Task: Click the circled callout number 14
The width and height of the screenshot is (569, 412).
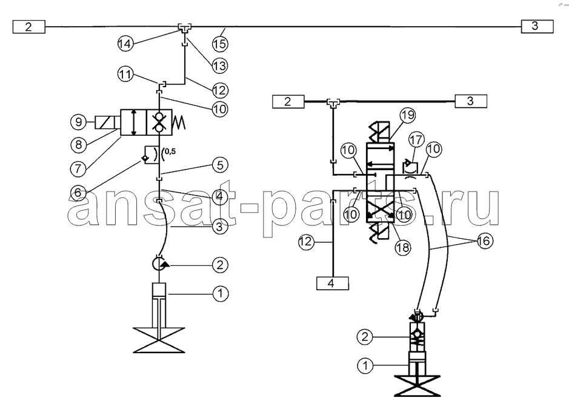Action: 125,44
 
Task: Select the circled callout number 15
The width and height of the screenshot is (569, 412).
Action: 220,44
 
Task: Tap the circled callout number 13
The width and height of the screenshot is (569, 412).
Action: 220,65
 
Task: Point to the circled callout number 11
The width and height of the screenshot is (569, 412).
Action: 125,75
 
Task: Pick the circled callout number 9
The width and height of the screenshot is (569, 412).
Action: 78,122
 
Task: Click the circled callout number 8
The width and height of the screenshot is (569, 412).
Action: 78,145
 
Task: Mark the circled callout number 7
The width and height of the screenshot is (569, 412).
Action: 78,168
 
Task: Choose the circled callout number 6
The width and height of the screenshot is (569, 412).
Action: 78,192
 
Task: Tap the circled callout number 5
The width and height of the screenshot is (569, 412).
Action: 220,165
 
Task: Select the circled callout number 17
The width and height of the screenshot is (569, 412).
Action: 416,139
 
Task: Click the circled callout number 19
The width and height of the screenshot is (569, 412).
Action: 408,115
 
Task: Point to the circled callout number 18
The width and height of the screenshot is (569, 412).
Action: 402,247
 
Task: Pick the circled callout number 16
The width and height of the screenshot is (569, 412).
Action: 484,241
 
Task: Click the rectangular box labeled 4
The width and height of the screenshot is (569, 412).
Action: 333,284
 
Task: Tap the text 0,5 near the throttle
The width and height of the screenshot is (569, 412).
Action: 170,151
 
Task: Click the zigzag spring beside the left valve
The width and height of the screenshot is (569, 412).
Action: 179,122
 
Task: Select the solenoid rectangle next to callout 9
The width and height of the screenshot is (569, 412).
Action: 107,122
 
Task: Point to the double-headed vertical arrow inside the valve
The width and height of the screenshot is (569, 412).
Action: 134,122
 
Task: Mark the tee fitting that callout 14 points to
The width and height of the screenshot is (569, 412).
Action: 185,28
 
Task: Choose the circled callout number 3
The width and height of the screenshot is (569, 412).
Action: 220,227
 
